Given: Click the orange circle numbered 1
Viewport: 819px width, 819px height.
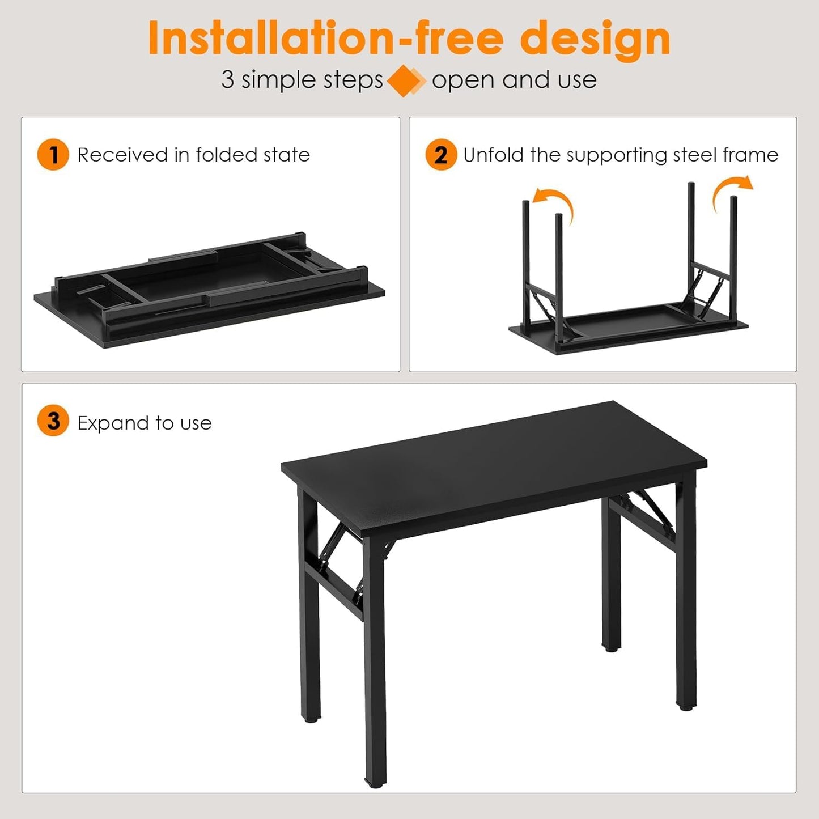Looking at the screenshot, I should [53, 155].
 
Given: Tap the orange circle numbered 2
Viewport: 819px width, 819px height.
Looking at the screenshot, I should [441, 155].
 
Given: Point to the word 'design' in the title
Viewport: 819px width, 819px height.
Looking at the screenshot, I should [595, 39].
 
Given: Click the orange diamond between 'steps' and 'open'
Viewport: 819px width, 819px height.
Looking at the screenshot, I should [405, 80].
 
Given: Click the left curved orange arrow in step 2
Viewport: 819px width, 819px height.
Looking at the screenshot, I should [554, 203].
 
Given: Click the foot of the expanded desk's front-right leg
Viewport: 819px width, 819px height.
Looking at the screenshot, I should [686, 705].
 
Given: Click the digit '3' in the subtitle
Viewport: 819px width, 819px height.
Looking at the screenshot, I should [227, 80].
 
